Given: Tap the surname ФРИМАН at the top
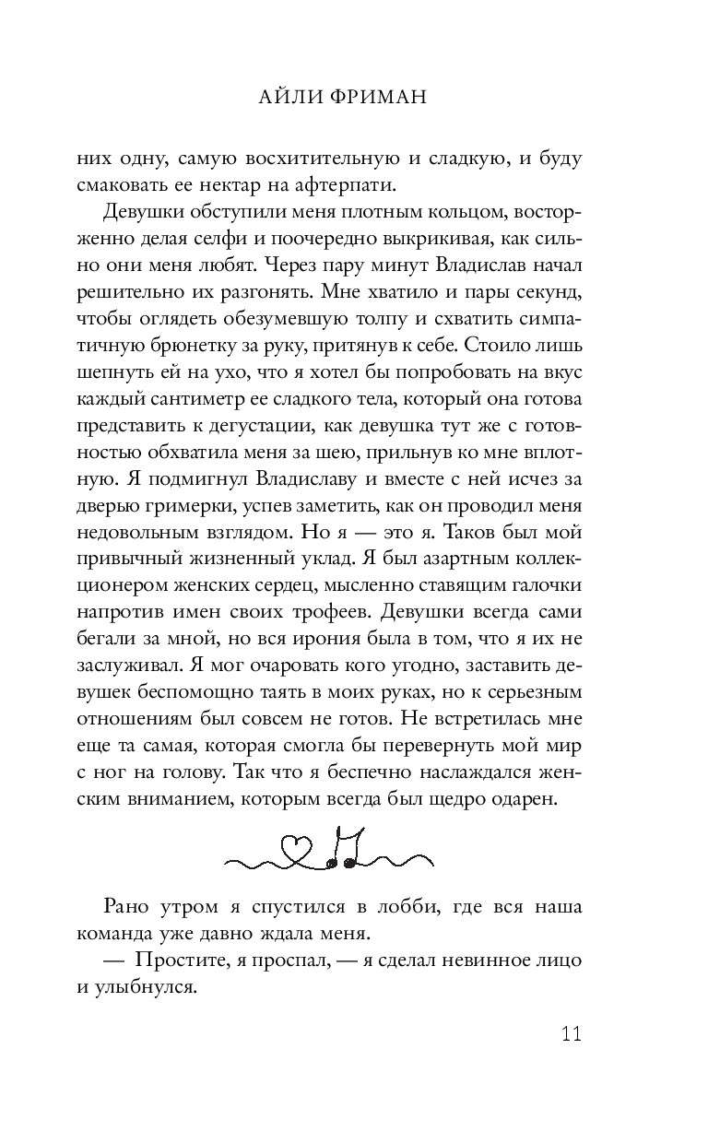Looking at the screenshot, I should (377, 98).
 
